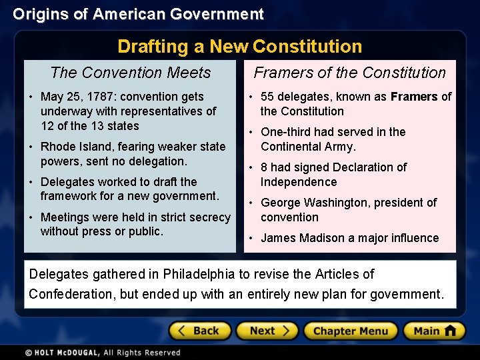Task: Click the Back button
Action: pos(200,331)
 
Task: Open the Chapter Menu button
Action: pos(350,331)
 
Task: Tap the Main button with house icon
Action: pos(433,331)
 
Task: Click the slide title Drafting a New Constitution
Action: pos(240,47)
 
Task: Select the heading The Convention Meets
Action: pos(131,73)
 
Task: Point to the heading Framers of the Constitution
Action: pos(350,73)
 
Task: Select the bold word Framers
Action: pos(414,97)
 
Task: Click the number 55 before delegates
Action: pos(268,97)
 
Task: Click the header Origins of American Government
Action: pos(138,14)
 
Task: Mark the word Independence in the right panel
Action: pos(299,182)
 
